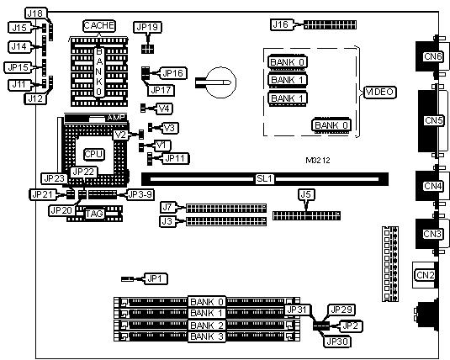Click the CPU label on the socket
[94, 154]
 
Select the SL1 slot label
[264, 179]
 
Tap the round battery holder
[221, 82]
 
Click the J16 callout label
[281, 24]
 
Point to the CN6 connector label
[432, 56]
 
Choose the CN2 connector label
[426, 275]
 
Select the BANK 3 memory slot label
[207, 336]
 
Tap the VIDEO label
[379, 93]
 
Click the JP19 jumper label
[147, 27]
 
